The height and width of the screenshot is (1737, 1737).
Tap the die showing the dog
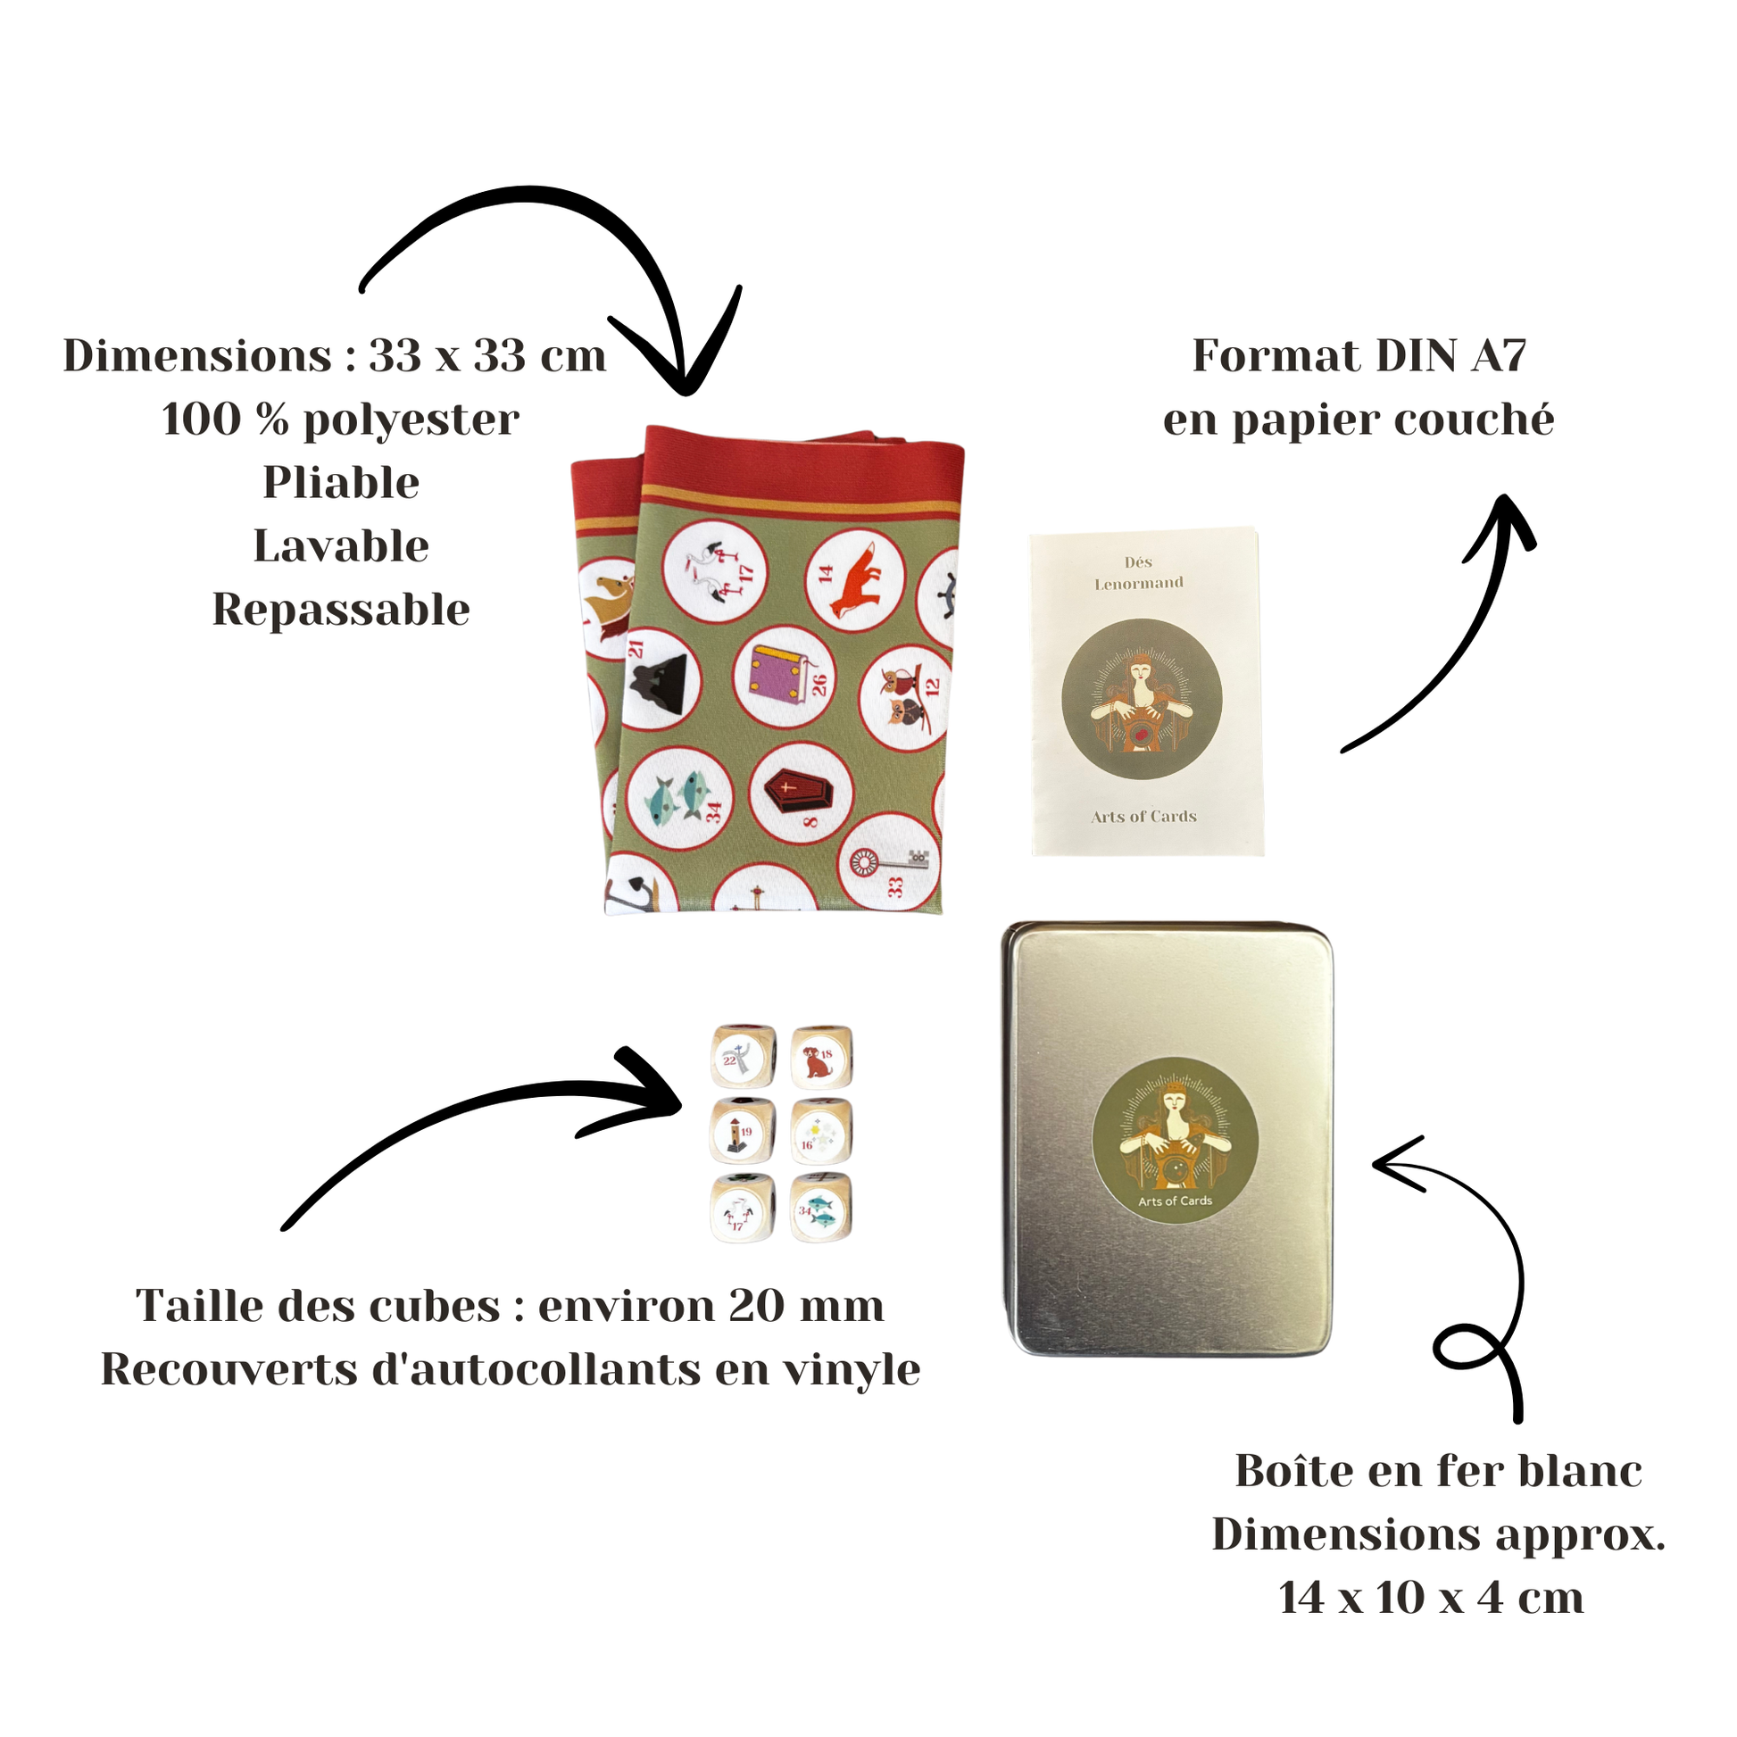(x=821, y=1059)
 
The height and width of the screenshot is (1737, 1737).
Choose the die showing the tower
(x=742, y=1133)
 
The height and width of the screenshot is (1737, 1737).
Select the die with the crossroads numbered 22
(x=742, y=1059)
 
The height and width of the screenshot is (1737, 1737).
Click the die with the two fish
(x=820, y=1210)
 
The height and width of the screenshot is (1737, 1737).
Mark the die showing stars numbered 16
(x=820, y=1133)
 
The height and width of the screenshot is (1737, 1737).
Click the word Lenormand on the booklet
(x=1138, y=583)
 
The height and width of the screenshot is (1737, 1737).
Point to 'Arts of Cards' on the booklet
(x=1143, y=817)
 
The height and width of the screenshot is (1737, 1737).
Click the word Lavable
(x=341, y=545)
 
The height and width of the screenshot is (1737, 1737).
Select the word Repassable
(x=341, y=610)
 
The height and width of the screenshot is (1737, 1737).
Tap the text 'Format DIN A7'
(x=1359, y=355)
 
